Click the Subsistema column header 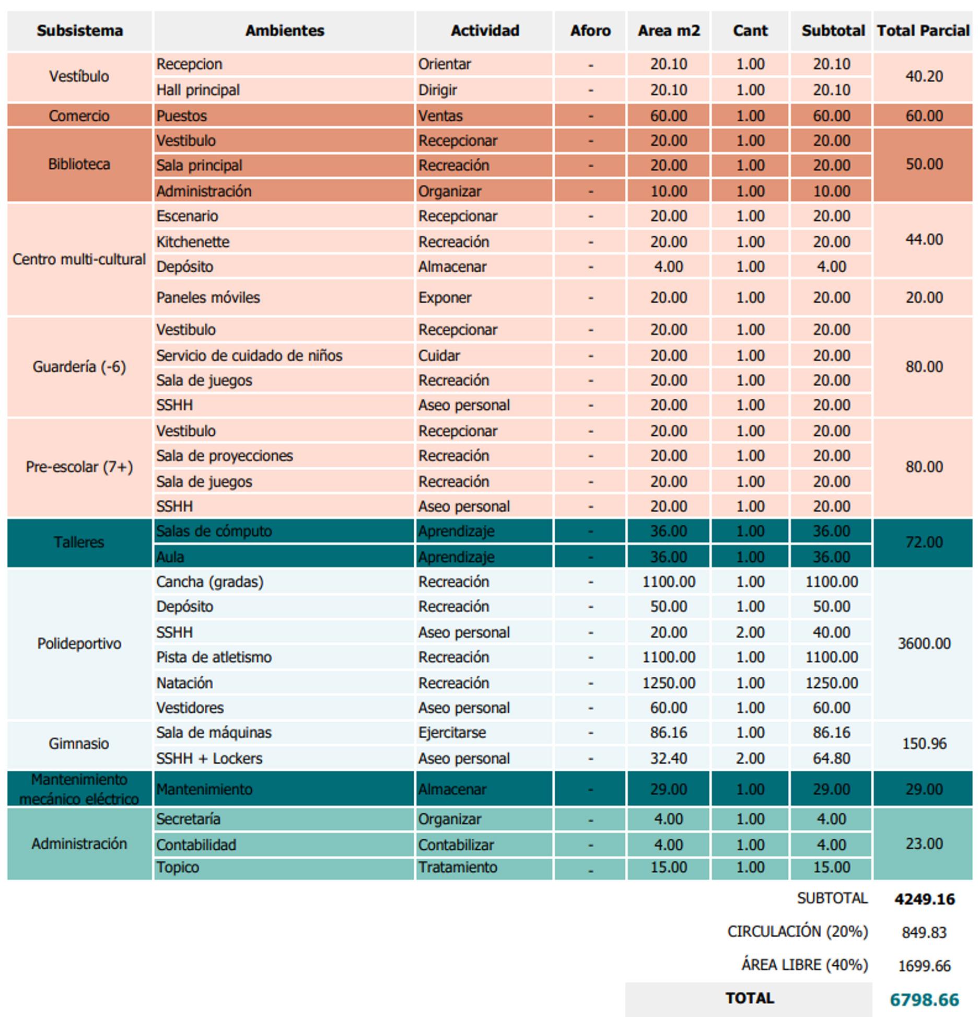coord(79,31)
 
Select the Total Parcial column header coord(923,31)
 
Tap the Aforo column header coord(590,31)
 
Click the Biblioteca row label coord(79,165)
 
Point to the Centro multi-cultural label coord(79,259)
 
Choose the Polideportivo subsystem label coord(79,644)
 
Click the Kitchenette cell coord(193,242)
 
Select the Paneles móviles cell coord(208,297)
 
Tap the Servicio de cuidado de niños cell coord(249,356)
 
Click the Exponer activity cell coord(445,297)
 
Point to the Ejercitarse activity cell coord(452,733)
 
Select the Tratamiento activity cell coord(458,868)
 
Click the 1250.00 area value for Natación coord(669,683)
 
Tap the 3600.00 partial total coord(924,644)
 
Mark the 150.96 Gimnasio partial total coord(924,744)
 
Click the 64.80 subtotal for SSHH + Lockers coord(832,758)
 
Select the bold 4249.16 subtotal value coord(924,899)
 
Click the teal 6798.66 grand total coord(924,1000)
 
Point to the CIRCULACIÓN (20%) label coord(797,931)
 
